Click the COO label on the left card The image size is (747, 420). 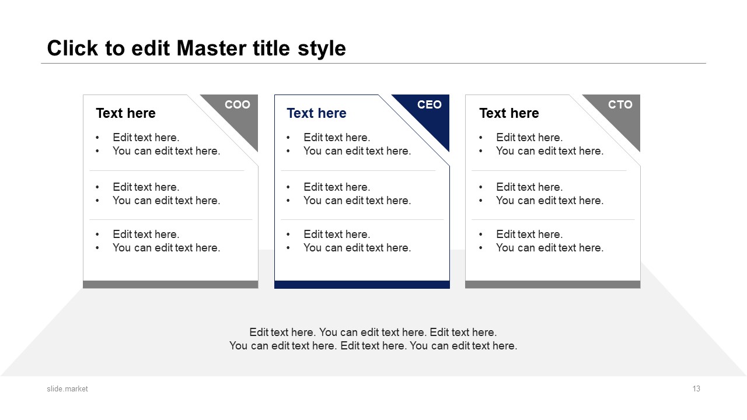coord(237,104)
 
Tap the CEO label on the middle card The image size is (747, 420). coord(429,104)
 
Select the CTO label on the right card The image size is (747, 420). coord(620,104)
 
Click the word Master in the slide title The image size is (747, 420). coord(212,48)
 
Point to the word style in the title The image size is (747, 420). coord(322,50)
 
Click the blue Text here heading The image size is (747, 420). coord(316,113)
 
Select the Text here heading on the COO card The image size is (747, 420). coord(125,113)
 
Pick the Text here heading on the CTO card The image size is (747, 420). coord(509,113)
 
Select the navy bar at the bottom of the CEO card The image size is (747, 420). coord(362,285)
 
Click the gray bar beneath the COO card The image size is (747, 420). coord(170,284)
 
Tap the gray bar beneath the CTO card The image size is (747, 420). coord(553,284)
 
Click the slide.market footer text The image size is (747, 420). coord(67,388)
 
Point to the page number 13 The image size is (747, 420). coord(696,388)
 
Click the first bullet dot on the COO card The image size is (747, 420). coord(97,138)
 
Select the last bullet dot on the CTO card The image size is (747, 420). coord(480,248)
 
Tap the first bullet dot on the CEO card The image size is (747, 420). coord(288,138)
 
